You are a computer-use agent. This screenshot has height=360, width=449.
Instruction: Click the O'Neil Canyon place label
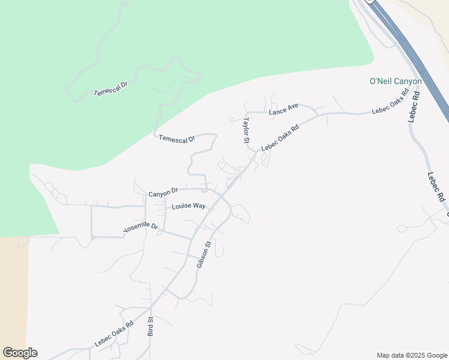click(395, 81)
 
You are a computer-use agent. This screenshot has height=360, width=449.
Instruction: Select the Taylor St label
click(246, 130)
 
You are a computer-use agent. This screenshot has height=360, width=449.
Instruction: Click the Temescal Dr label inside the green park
click(111, 89)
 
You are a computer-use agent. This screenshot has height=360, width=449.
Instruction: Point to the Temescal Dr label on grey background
click(176, 138)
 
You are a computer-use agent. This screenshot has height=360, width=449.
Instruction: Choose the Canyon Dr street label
click(163, 192)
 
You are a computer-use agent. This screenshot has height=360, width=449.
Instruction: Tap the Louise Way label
click(188, 206)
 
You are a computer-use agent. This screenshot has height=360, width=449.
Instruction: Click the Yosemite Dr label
click(140, 227)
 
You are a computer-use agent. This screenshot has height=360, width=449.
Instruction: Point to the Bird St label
click(151, 326)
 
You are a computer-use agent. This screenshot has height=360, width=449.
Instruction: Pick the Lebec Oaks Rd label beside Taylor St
click(280, 137)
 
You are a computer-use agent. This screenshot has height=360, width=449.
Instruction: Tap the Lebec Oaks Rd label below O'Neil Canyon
click(390, 102)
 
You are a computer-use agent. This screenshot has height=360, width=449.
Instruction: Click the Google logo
click(20, 353)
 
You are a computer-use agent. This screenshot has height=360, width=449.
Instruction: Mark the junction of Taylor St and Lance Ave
click(247, 112)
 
